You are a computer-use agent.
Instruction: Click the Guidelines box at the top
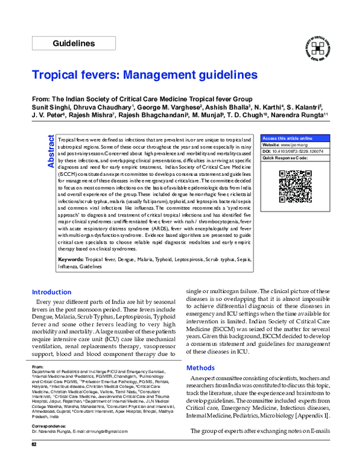(73, 44)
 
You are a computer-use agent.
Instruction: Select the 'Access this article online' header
(287, 138)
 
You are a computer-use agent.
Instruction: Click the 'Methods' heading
(200, 367)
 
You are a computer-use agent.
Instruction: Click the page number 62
(34, 462)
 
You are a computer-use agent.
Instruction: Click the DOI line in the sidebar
(293, 152)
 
